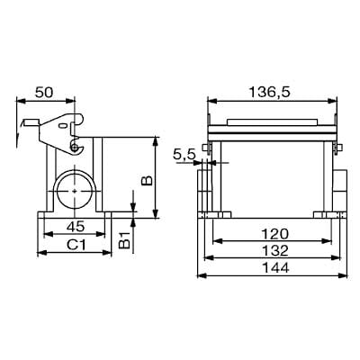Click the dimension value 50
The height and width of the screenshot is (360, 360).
(x=44, y=93)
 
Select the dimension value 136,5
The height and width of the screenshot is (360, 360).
(x=270, y=93)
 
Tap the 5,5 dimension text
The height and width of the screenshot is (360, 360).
(x=184, y=155)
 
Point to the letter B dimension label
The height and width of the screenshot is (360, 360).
(x=148, y=180)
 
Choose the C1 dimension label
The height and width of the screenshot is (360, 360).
(x=76, y=245)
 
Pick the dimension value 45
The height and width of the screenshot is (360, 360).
(x=76, y=227)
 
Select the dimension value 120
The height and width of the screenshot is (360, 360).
(x=274, y=234)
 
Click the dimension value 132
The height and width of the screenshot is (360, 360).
(x=274, y=250)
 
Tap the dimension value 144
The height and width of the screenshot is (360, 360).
(x=275, y=267)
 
